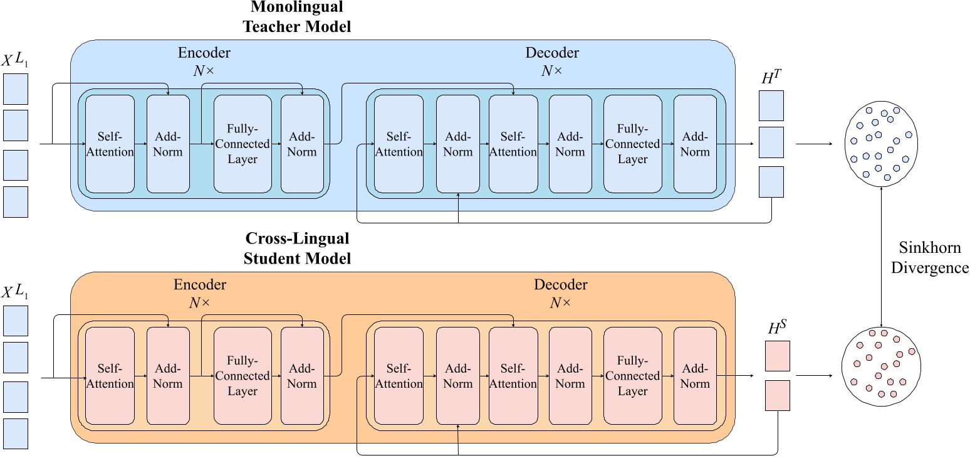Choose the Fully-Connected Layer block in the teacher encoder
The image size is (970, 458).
pyautogui.click(x=242, y=144)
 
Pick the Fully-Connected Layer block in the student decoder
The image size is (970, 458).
pyautogui.click(x=632, y=376)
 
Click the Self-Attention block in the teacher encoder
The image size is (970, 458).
pyautogui.click(x=110, y=144)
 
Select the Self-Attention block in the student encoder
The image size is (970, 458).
pyautogui.click(x=110, y=376)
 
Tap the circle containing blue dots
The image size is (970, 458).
pyautogui.click(x=881, y=144)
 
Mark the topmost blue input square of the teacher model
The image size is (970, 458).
pyautogui.click(x=16, y=89)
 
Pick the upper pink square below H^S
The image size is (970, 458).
pyautogui.click(x=777, y=356)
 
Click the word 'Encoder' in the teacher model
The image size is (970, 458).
pyautogui.click(x=204, y=53)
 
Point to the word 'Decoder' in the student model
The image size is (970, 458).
pyautogui.click(x=561, y=285)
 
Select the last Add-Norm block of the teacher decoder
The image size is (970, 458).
pyautogui.click(x=695, y=144)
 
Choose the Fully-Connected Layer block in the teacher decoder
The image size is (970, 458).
pyautogui.click(x=632, y=144)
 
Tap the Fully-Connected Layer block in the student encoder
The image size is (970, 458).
pyautogui.click(x=242, y=376)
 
